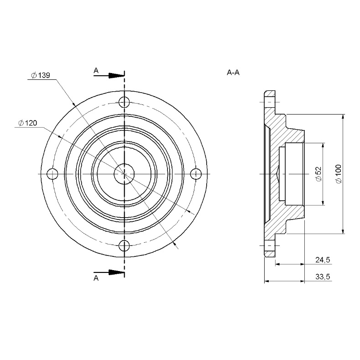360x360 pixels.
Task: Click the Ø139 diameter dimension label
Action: [41, 75]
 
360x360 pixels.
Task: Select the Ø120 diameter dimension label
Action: [27, 123]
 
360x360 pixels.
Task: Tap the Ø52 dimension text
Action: [319, 174]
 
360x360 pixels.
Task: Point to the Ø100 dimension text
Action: [339, 174]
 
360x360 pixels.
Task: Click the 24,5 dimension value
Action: [323, 260]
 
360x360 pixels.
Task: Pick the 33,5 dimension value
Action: [323, 277]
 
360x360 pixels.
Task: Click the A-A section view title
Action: [233, 73]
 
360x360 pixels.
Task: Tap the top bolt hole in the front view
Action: [124, 102]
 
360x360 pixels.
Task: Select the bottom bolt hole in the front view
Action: [124, 246]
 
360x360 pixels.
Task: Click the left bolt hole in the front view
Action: [52, 174]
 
